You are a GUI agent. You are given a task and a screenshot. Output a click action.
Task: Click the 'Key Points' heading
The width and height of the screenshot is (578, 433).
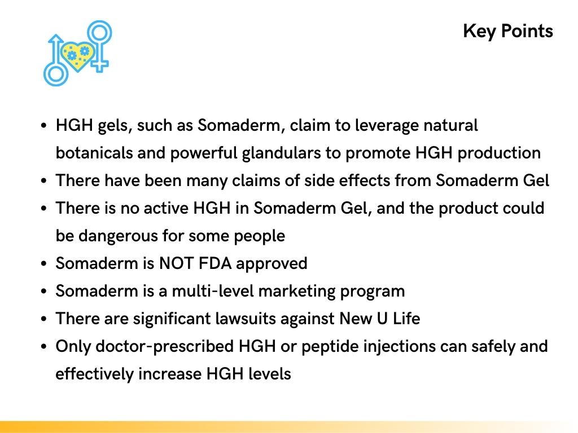pyautogui.click(x=507, y=31)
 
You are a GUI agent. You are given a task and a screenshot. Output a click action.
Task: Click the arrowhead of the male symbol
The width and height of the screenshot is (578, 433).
pyautogui.click(x=55, y=39)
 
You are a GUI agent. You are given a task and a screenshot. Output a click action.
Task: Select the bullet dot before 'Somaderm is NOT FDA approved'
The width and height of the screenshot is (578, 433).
pyautogui.click(x=44, y=264)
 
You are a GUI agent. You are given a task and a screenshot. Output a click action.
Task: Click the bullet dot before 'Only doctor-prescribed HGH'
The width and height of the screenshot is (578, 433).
pyautogui.click(x=44, y=347)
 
